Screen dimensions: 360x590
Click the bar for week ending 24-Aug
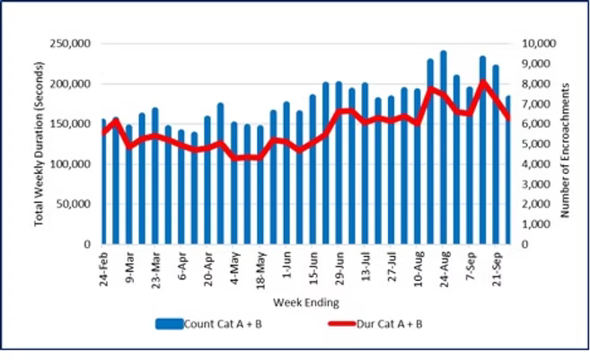tap(444, 148)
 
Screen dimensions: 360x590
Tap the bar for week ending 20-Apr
tap(207, 180)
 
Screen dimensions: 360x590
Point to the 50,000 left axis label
tap(77, 204)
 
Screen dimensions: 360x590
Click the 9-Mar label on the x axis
tap(131, 267)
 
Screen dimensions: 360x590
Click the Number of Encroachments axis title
tap(568, 144)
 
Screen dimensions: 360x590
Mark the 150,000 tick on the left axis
tap(75, 124)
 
